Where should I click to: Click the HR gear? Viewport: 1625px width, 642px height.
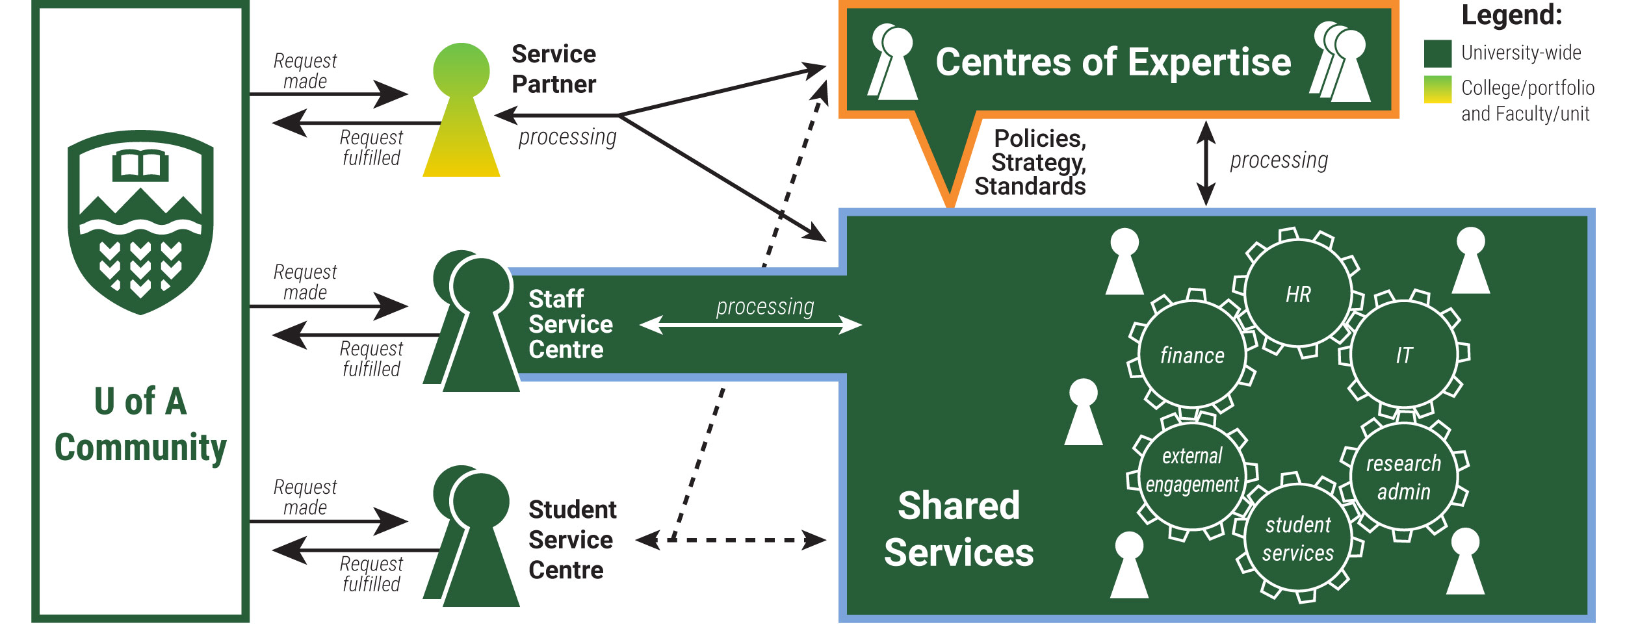[1298, 294]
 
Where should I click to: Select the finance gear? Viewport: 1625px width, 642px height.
[1192, 355]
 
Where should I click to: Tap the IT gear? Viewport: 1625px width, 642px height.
[1404, 355]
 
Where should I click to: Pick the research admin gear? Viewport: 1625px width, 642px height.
[1403, 477]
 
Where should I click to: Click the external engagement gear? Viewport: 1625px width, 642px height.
[1192, 470]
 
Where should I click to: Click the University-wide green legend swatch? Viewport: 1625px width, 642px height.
[1437, 53]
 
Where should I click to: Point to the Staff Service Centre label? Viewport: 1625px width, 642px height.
[570, 324]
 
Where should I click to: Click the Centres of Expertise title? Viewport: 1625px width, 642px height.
[1113, 62]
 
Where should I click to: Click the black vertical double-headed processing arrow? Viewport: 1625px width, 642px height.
[1206, 163]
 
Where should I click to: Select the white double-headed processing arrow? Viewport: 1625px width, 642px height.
[751, 324]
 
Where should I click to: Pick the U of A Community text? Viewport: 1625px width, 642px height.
[140, 424]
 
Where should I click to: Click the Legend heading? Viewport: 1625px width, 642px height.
[1511, 15]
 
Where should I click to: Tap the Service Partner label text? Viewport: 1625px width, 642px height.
[553, 69]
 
